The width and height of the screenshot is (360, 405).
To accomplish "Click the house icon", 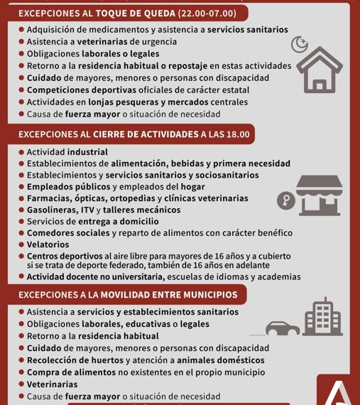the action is pyautogui.click(x=322, y=71).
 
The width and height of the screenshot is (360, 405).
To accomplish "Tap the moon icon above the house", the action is pyautogui.click(x=300, y=45).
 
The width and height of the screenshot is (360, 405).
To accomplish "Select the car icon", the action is pyautogui.click(x=284, y=328).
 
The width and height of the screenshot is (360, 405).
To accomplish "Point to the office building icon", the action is pyautogui.click(x=318, y=318).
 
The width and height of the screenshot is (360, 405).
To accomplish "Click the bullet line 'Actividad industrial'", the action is pyautogui.click(x=67, y=152).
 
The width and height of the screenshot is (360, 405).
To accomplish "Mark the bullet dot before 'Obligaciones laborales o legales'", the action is pyautogui.click(x=21, y=53).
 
